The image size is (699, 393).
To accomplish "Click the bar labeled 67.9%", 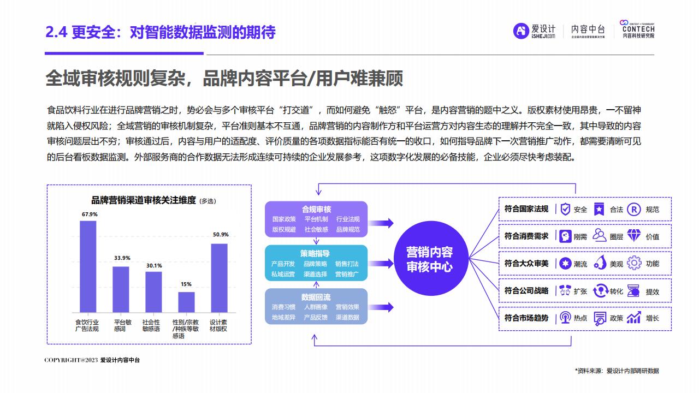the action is coord(88,266).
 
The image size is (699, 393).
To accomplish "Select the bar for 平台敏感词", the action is coord(121,289).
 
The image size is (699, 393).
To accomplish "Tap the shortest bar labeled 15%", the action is coord(186,302).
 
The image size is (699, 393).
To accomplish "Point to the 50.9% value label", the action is coord(221,235).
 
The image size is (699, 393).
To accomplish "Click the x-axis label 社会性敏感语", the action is coord(151,325).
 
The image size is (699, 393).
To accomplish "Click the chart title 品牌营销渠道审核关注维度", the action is coord(144,200).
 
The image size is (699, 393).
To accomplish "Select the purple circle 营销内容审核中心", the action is coord(431,258).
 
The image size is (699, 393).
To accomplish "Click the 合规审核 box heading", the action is coord(316,209).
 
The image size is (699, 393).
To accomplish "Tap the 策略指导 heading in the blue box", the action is coord(315,253).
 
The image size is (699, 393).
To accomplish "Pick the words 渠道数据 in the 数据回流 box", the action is coord(347,317).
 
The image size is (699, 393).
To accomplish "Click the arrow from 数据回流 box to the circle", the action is coord(381,307).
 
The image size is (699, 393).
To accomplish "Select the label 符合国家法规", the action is coord(526,209).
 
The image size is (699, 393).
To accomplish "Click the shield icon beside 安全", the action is coord(565,209).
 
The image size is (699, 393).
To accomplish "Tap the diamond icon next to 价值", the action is coord(634,236).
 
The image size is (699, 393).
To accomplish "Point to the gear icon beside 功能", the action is coord(634,263).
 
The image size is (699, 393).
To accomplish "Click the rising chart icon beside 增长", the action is coord(634,318).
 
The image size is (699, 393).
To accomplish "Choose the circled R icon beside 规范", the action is coord(634,209).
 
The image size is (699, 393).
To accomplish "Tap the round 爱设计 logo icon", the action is coord(521,31).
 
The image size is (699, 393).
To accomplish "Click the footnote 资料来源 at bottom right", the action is coord(617,371).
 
